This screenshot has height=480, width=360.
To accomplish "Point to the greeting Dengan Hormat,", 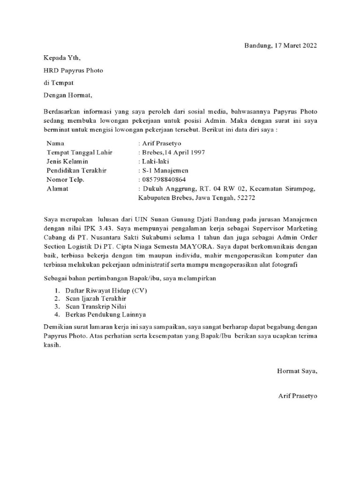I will [x=68, y=95].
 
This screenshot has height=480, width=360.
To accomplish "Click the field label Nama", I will [x=56, y=143].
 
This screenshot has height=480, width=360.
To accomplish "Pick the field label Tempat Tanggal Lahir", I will [x=79, y=152].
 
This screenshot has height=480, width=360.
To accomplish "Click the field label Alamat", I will [x=58, y=188].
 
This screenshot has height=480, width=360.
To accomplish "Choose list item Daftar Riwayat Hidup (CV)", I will [x=106, y=290].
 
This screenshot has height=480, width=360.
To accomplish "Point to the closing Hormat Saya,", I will [x=297, y=371].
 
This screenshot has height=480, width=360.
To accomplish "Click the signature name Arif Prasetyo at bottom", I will [x=298, y=396].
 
